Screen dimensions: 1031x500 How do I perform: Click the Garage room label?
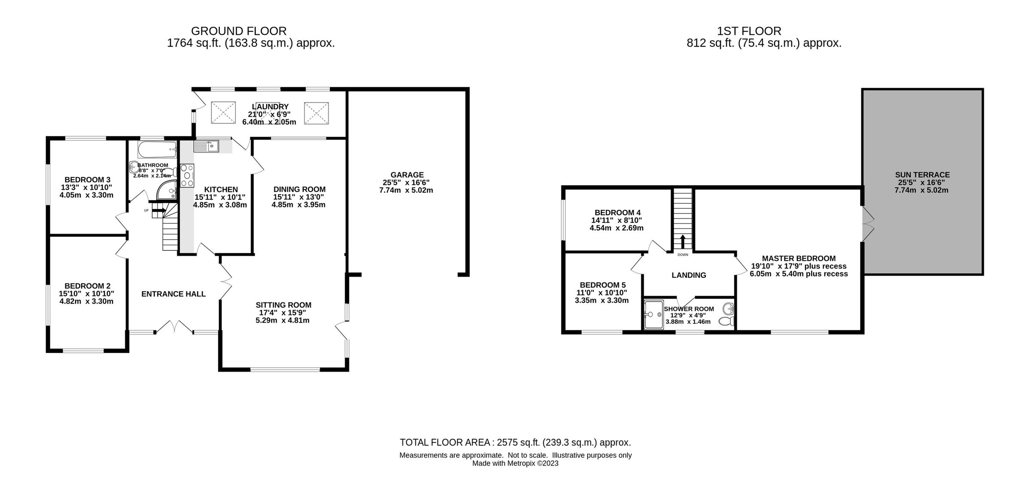coord(407,175)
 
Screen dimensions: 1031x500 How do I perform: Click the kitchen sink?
coord(206,146)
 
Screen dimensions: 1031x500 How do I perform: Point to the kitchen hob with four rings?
coord(187,175)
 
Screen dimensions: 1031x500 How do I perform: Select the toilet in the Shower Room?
coord(727,321)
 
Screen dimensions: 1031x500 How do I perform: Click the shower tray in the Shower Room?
coord(653,314)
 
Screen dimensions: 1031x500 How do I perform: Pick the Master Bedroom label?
coord(799,259)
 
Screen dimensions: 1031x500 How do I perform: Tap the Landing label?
coord(689,275)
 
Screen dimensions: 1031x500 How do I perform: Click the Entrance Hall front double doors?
coord(174,327)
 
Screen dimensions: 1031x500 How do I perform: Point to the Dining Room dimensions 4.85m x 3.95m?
coord(298,205)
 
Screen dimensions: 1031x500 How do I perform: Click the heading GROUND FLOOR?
coord(238,31)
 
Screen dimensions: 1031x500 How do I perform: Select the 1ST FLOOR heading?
coord(749,31)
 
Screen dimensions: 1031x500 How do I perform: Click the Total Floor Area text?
coord(515,442)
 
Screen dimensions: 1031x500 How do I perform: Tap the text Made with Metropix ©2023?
coord(515,463)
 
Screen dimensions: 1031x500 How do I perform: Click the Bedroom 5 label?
coord(602,285)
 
